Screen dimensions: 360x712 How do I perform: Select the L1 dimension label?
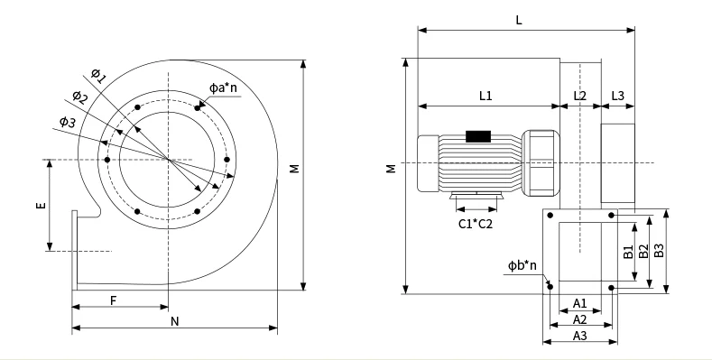[485, 94]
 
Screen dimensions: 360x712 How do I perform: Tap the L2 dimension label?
[579, 94]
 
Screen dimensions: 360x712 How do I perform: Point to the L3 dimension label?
[618, 94]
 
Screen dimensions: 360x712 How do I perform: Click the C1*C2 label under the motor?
[475, 223]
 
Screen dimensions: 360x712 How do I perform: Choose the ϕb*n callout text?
[522, 265]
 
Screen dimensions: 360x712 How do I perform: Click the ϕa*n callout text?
[223, 88]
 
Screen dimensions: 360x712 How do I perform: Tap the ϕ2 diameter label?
[79, 97]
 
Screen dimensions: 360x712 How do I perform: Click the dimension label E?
[41, 206]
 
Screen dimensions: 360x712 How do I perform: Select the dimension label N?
[173, 320]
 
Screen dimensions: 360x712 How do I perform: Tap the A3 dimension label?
[580, 336]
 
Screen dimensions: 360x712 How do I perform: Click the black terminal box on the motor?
[477, 136]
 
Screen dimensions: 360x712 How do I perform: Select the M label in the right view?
[390, 169]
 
